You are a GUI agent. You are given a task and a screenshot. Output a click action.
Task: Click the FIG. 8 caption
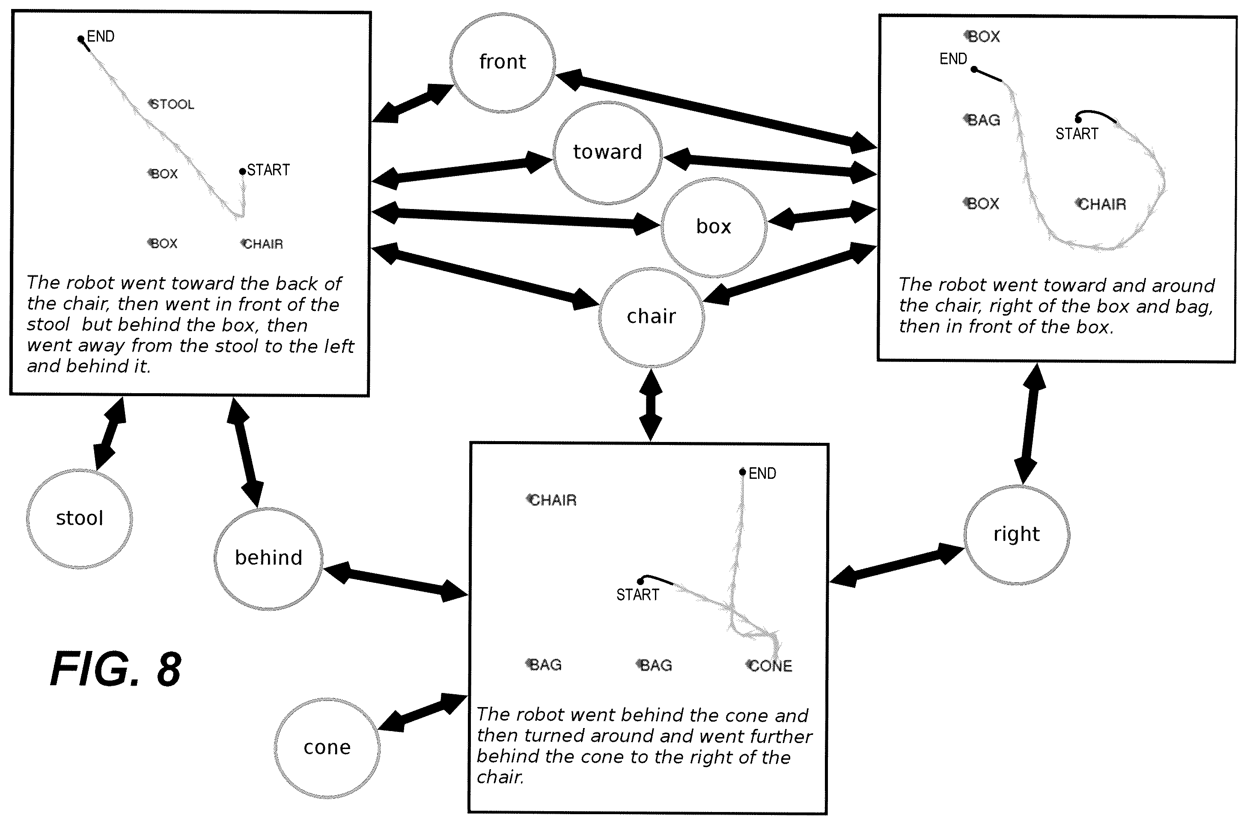(x=116, y=669)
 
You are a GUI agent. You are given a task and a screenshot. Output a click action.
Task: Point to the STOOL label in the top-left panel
(x=171, y=104)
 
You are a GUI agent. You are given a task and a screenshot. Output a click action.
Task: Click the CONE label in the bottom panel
(x=769, y=666)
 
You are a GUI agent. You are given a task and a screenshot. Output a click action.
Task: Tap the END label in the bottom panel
(x=762, y=474)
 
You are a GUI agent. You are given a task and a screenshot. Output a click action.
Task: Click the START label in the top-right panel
(x=1077, y=134)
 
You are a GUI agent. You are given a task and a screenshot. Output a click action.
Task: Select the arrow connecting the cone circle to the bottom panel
(x=423, y=712)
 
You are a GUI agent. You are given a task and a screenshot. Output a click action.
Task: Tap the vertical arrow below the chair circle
(x=651, y=405)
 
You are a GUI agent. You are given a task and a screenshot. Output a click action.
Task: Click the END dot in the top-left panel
(x=80, y=39)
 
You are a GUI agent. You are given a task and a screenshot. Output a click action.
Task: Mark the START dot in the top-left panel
(x=242, y=171)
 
